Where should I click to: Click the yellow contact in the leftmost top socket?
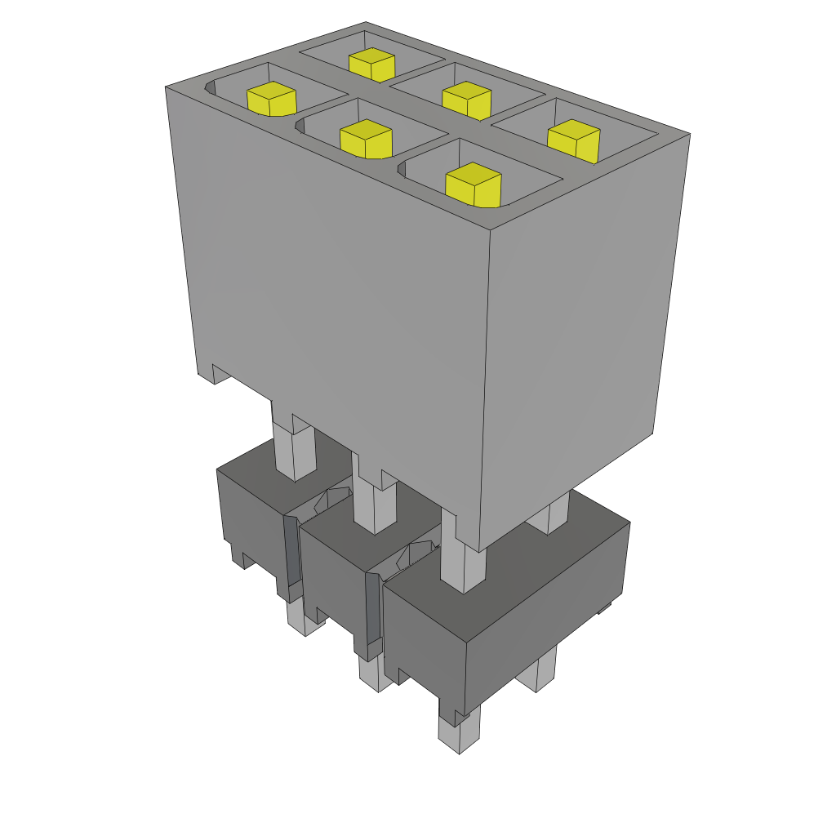(271, 99)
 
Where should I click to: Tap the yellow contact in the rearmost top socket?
(371, 64)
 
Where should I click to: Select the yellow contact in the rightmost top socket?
(574, 140)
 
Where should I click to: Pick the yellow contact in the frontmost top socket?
(473, 185)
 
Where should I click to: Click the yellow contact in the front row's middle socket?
(366, 138)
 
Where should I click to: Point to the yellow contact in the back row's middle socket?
(466, 100)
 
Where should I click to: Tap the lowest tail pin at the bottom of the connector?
(457, 734)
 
